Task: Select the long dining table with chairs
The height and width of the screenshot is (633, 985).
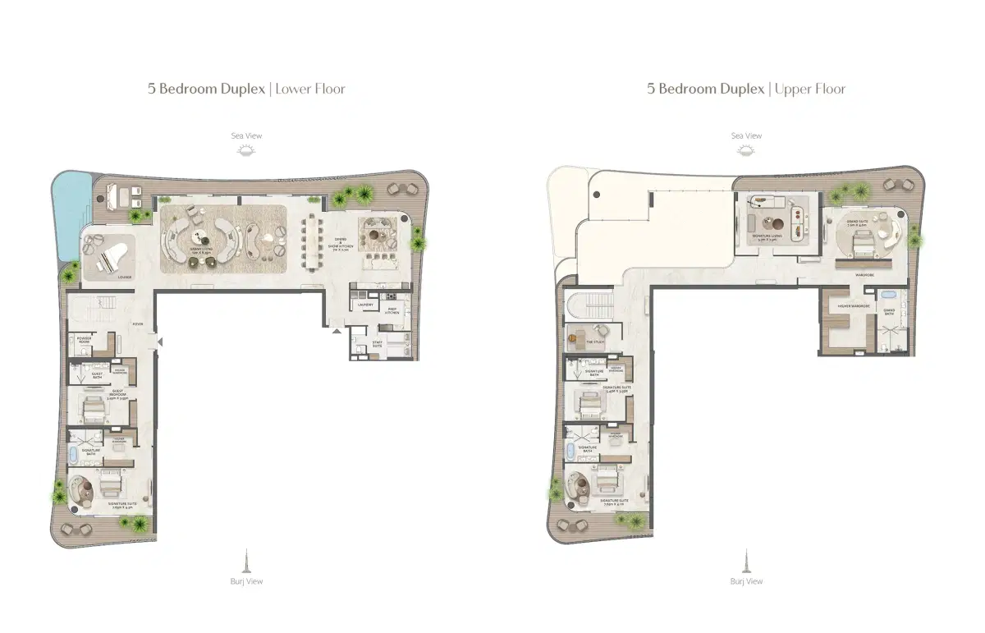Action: (x=313, y=242)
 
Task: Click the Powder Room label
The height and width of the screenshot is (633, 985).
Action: (x=84, y=339)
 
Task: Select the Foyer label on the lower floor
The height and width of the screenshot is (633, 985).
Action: (x=138, y=324)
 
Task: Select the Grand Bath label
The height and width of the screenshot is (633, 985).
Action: (x=889, y=312)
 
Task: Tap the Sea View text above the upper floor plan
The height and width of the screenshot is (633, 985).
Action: (x=746, y=135)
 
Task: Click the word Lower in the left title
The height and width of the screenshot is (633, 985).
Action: (x=292, y=89)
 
